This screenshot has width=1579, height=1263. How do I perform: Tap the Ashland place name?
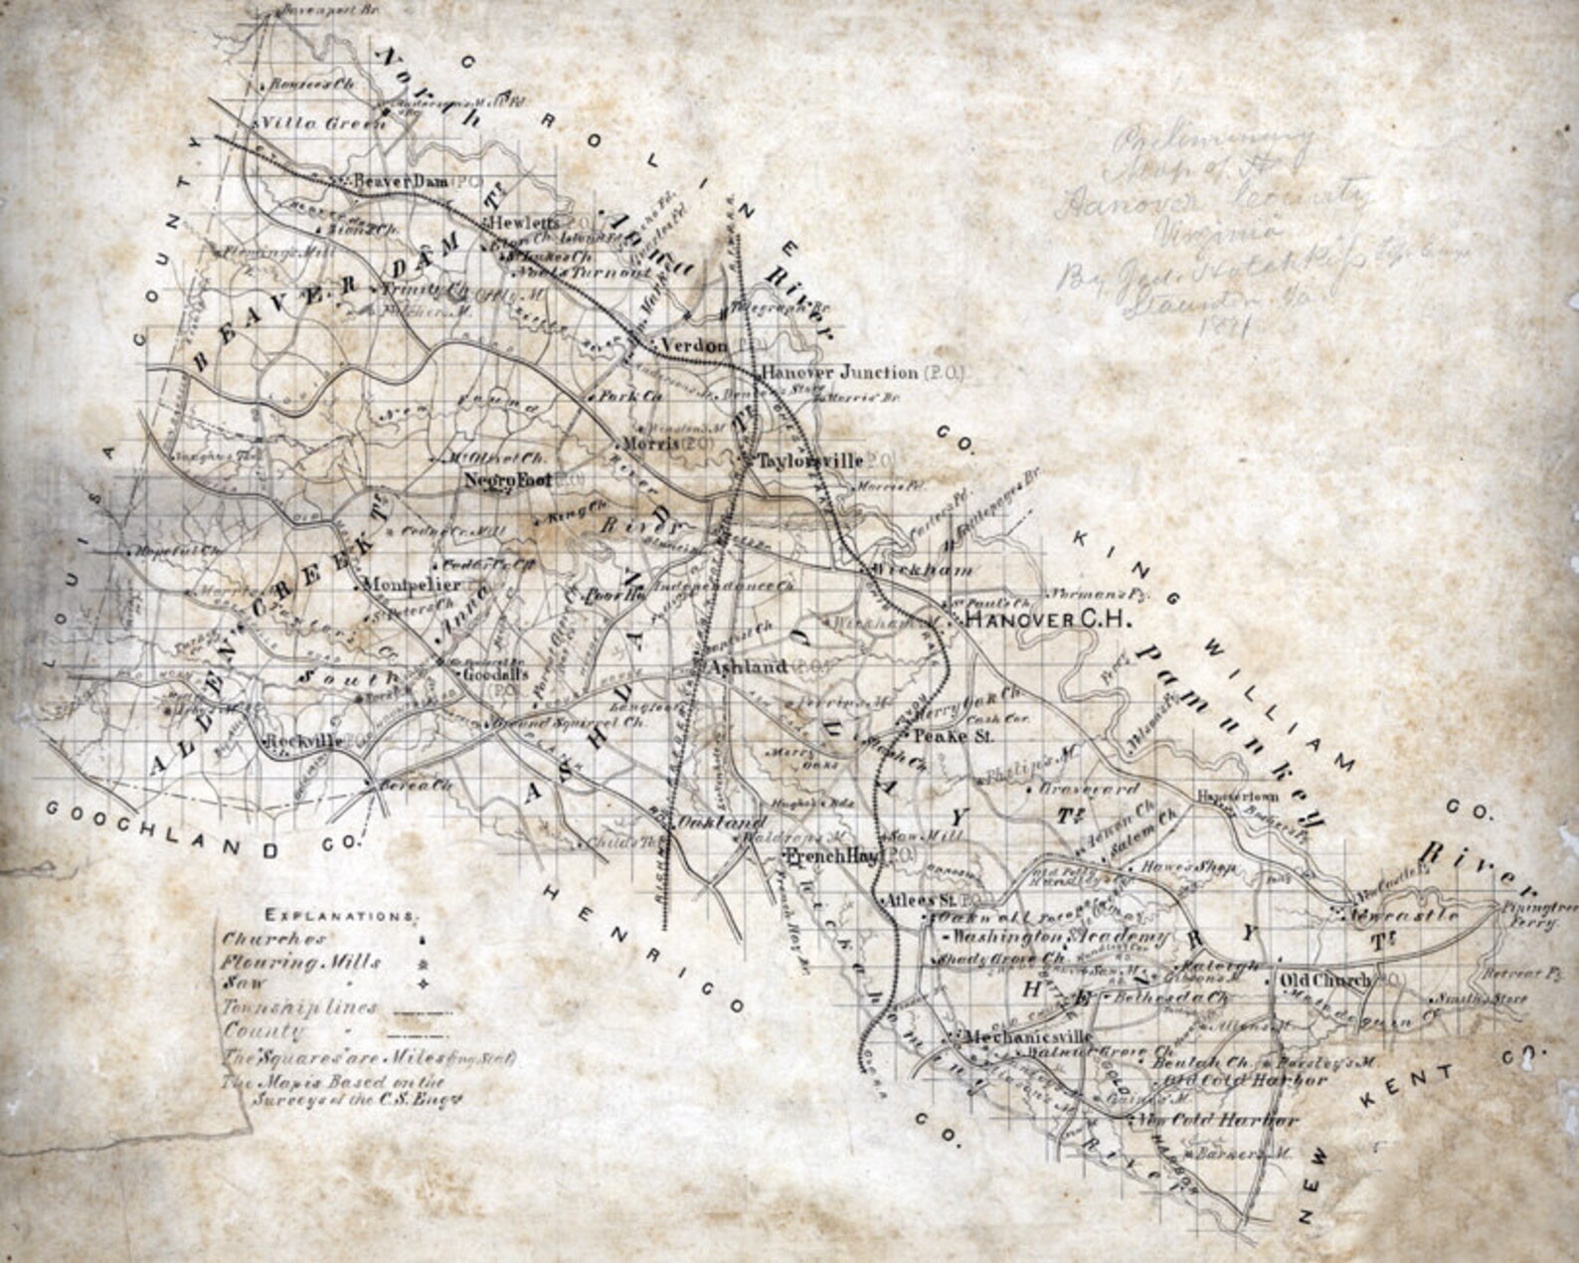(x=746, y=666)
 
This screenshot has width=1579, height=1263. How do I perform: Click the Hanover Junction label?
(x=839, y=373)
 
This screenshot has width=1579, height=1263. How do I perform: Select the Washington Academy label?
(x=1062, y=938)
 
